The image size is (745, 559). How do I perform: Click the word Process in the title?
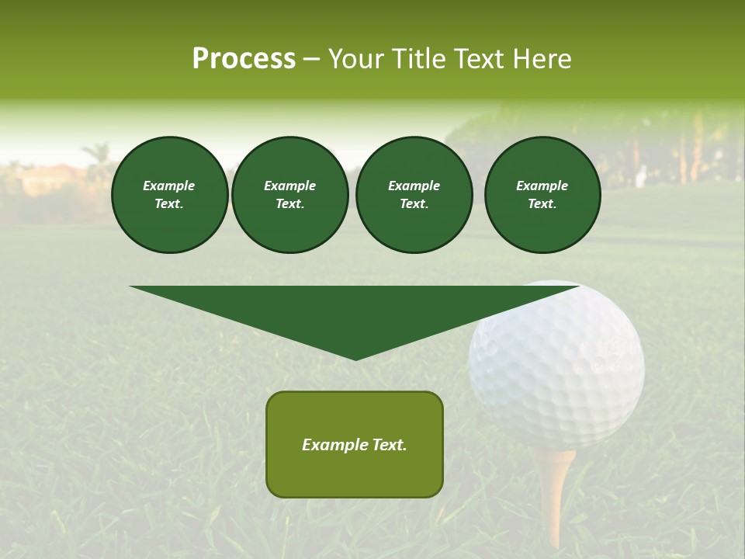tap(244, 59)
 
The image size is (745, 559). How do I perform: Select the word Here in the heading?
tap(541, 59)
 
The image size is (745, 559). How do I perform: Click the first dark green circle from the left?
tap(169, 194)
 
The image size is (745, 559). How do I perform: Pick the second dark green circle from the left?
tap(289, 194)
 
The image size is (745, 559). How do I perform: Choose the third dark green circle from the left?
tap(414, 194)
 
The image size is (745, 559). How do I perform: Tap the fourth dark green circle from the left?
tap(542, 194)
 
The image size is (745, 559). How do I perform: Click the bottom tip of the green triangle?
tap(355, 358)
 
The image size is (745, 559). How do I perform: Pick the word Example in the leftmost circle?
tap(169, 186)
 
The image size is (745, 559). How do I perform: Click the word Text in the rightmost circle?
tap(542, 203)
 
